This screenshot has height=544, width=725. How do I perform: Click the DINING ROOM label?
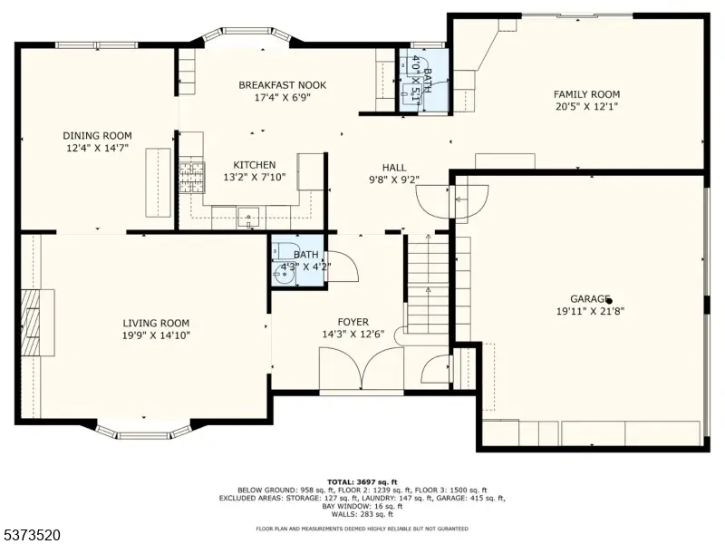pos(97,135)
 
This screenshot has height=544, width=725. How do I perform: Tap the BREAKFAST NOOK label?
pos(282,85)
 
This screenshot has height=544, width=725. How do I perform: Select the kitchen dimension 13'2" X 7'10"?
pos(255,177)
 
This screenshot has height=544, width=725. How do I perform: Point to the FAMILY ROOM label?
pos(586,94)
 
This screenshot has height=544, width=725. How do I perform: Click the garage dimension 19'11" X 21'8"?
pos(590,311)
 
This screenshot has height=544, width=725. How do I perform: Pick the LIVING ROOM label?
pos(156,323)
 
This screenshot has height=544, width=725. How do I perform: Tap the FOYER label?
pos(353,322)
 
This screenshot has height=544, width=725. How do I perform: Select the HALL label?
pos(394,168)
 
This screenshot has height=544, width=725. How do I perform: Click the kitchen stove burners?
pos(192,177)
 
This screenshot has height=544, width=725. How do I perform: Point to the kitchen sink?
pos(248,218)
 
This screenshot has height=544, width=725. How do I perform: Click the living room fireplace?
pos(38,323)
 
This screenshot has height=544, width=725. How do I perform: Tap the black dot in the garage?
pos(609,301)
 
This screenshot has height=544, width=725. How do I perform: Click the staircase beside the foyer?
pos(428,284)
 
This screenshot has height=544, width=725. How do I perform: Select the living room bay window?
pos(143,430)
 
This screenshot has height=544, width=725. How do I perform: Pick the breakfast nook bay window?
pos(246,34)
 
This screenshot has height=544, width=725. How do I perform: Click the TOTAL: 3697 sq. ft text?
pos(362,482)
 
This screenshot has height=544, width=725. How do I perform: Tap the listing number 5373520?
pos(31,535)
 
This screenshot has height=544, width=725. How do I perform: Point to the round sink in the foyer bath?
pos(284,275)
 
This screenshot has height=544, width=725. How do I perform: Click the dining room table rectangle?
pos(158,183)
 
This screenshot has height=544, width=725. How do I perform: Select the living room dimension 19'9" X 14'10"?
pos(156,335)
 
